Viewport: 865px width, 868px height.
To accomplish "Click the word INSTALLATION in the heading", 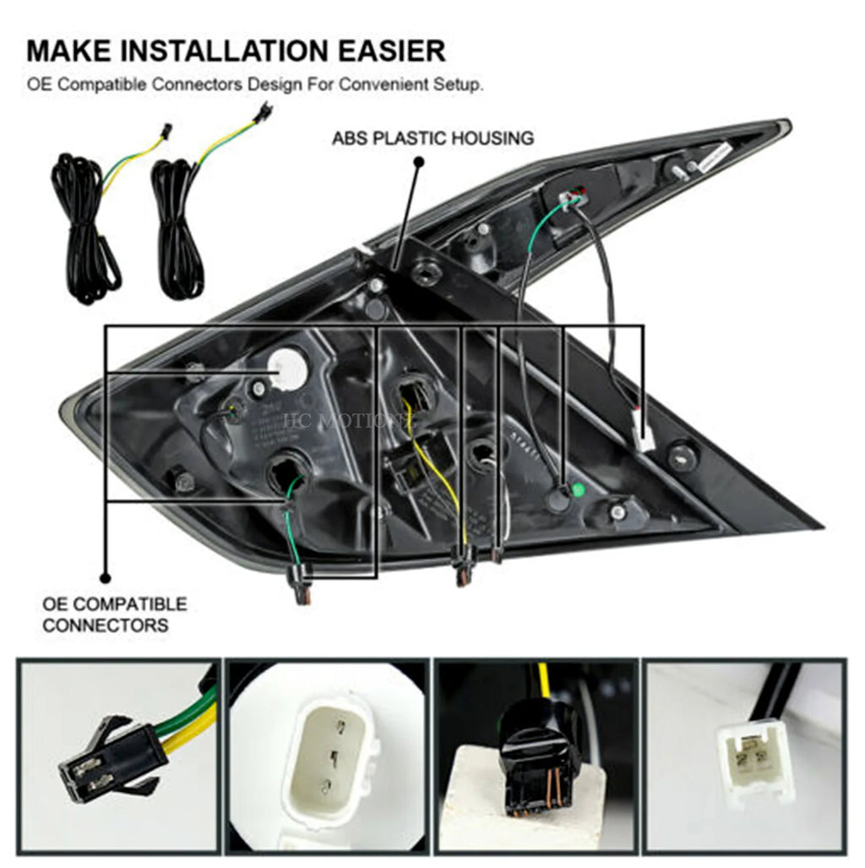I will pos(222,51).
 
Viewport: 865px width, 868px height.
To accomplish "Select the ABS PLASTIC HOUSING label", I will pos(432,138).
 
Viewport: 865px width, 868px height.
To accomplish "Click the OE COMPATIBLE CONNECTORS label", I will pos(115,614).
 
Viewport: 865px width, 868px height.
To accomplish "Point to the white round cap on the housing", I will pos(287,369).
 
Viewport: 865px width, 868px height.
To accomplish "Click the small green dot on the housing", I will pos(579,489).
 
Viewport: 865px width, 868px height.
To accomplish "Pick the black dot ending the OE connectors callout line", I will pos(106,579).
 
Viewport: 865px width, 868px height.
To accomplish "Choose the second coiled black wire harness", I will pos(177,228).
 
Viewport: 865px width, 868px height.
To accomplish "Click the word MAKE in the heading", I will pos(68,51).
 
